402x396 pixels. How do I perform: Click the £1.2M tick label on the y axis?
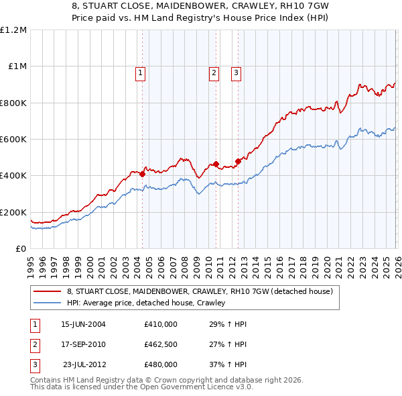click(x=13, y=30)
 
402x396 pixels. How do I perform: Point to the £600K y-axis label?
click(x=13, y=140)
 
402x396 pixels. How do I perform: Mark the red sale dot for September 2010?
click(x=216, y=164)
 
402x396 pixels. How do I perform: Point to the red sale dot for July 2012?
click(x=238, y=161)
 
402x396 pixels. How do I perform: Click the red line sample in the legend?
click(x=47, y=291)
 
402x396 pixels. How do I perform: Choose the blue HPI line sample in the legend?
click(x=47, y=303)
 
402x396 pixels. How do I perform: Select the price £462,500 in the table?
click(x=161, y=344)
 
